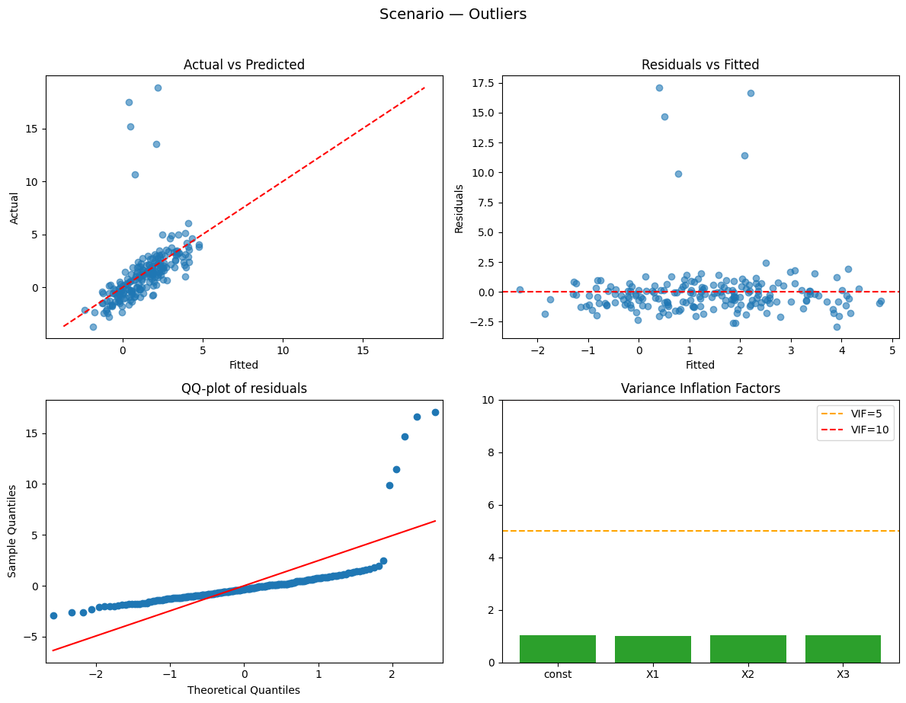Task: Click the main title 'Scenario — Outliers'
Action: (x=453, y=14)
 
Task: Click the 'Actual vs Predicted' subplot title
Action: (x=244, y=65)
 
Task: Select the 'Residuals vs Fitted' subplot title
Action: (x=700, y=65)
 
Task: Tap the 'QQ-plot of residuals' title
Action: (x=244, y=388)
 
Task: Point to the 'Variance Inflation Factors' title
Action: (x=700, y=388)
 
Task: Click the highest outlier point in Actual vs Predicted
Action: (x=158, y=88)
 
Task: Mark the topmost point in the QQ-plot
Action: (x=435, y=412)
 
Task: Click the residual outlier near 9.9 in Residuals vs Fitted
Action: (x=678, y=174)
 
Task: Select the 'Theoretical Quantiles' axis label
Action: (x=244, y=690)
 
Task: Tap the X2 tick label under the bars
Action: (x=748, y=675)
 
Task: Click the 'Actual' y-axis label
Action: (x=15, y=207)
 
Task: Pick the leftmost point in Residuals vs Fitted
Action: (x=520, y=289)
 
